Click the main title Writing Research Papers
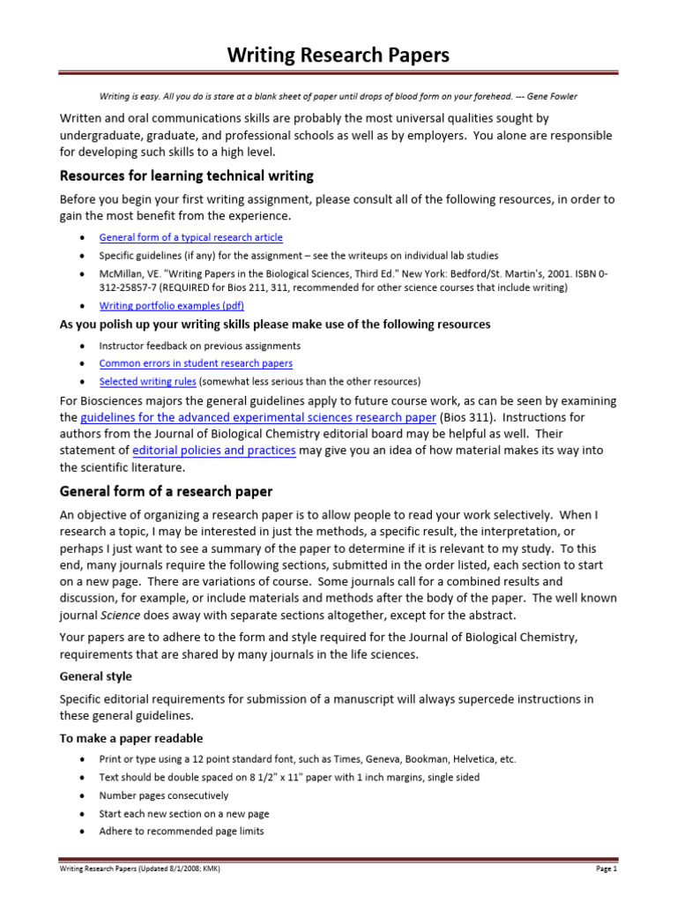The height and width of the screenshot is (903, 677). pyautogui.click(x=338, y=56)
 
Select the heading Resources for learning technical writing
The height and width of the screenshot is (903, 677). pyautogui.click(x=186, y=175)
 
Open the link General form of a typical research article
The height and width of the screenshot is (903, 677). pyautogui.click(x=191, y=237)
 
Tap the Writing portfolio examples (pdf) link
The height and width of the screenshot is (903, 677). pyautogui.click(x=172, y=305)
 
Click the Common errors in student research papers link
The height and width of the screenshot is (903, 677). pyautogui.click(x=196, y=362)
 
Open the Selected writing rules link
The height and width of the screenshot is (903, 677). pyautogui.click(x=147, y=381)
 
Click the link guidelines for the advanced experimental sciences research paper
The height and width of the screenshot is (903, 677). pyautogui.click(x=258, y=417)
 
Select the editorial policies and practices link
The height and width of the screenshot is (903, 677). pyautogui.click(x=213, y=451)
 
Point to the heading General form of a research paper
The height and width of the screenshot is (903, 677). pyautogui.click(x=166, y=491)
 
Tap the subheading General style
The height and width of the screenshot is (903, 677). pyautogui.click(x=95, y=676)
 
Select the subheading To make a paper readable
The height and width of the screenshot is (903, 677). pyautogui.click(x=130, y=738)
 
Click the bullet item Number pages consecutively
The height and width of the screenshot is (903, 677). pyautogui.click(x=164, y=795)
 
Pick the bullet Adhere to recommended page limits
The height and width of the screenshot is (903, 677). pyautogui.click(x=182, y=831)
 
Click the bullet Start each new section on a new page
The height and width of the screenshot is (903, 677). pyautogui.click(x=184, y=813)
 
